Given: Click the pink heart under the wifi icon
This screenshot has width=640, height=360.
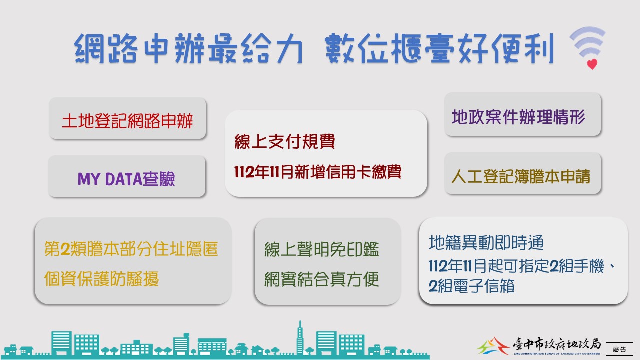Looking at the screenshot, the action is click(592, 64).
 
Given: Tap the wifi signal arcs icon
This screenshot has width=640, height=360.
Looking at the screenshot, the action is click(588, 43).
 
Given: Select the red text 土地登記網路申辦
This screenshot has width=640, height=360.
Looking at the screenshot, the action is click(127, 121).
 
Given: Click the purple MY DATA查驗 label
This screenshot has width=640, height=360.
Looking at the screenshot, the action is click(126, 179).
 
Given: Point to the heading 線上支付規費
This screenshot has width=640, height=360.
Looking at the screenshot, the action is click(285, 141).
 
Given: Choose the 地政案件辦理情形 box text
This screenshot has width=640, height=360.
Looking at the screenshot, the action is click(518, 117).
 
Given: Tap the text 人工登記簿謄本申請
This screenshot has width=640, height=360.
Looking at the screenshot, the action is click(521, 176).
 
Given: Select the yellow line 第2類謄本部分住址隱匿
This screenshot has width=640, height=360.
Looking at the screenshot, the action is click(131, 249).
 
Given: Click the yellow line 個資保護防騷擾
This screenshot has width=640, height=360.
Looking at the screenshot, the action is click(101, 279).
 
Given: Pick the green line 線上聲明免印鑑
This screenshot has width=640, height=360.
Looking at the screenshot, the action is click(321, 249).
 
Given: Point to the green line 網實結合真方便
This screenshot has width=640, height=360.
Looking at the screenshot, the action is click(321, 279).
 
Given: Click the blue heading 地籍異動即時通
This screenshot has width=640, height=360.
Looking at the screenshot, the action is click(486, 243).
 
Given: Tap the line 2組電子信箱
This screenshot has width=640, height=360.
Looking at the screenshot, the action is click(471, 286).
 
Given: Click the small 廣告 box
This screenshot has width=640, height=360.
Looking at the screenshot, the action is click(619, 349).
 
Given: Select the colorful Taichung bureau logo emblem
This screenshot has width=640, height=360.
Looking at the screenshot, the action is click(493, 346).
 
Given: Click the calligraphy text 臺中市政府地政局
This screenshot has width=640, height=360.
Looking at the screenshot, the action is click(556, 344).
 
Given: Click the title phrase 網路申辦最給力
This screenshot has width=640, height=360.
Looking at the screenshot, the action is click(188, 48).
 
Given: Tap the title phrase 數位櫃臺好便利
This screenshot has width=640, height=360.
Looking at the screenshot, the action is click(439, 48).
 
